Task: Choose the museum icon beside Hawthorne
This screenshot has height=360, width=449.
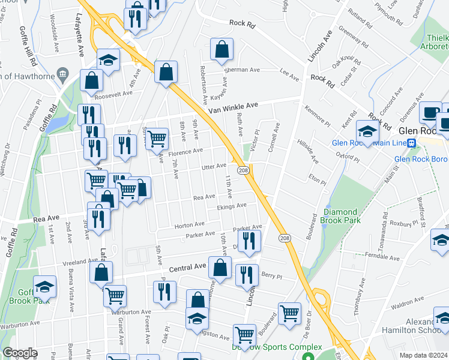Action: (x=62, y=74)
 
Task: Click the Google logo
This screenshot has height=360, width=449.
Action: (x=20, y=353)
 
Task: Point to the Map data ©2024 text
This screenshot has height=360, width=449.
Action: (x=423, y=355)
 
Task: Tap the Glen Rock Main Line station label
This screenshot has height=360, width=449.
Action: (x=369, y=143)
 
